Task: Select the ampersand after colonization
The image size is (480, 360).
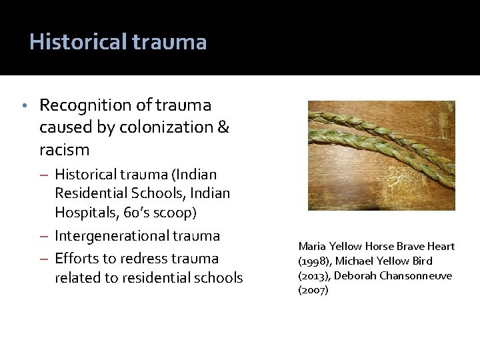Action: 223,127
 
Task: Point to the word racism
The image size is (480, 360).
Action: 65,149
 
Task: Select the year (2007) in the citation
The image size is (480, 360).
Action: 313,290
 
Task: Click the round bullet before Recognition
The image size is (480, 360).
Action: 24,105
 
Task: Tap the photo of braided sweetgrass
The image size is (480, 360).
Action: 381,155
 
